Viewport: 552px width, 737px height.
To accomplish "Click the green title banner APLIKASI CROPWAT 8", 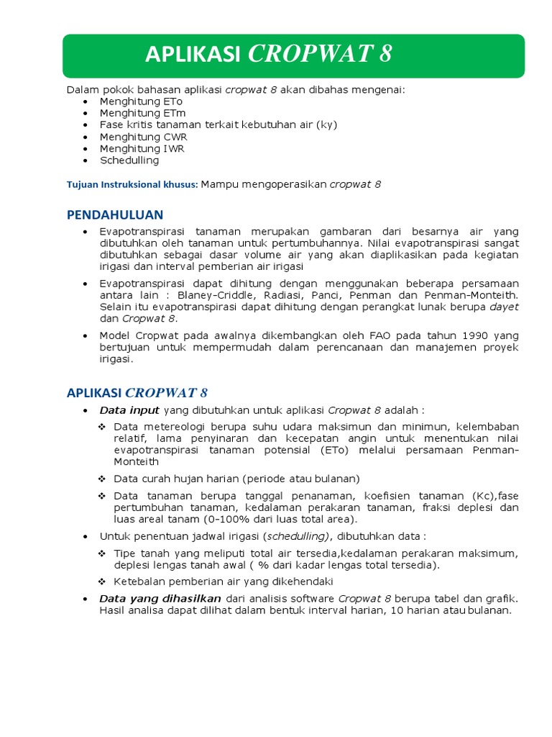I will (293, 55).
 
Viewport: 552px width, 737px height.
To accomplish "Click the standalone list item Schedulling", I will (129, 160).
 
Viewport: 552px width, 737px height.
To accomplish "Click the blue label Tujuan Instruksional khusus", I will (132, 184).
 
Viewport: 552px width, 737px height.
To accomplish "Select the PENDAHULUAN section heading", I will (115, 214).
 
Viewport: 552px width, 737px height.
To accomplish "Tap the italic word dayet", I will (504, 307).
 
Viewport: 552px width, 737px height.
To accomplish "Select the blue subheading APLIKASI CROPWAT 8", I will (137, 392).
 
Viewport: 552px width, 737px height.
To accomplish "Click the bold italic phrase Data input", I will (129, 411).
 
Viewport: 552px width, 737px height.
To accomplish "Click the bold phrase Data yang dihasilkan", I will (160, 599).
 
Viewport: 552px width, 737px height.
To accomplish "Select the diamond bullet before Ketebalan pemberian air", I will (103, 581).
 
